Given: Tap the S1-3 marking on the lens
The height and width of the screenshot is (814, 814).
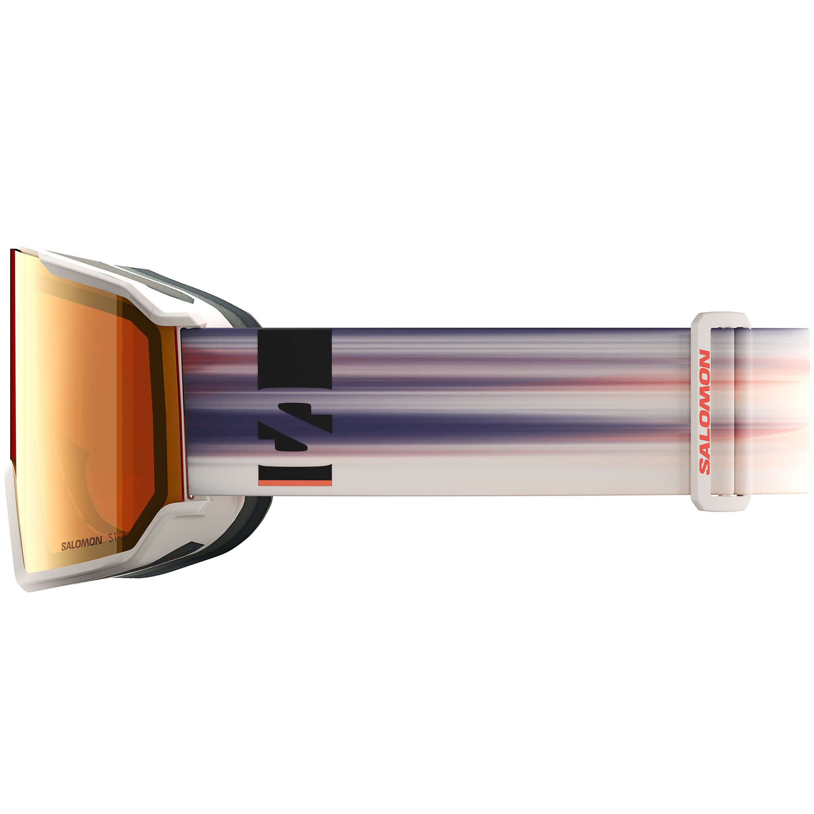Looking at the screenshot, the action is pyautogui.click(x=117, y=538).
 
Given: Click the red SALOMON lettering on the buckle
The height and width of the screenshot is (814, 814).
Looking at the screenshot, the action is pyautogui.click(x=705, y=412).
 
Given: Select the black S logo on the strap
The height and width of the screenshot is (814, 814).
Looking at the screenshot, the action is pyautogui.click(x=295, y=427).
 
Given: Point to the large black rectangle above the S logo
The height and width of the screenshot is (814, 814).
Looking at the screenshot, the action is pyautogui.click(x=295, y=358).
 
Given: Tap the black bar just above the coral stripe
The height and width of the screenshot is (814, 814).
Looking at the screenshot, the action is pyautogui.click(x=295, y=472).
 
